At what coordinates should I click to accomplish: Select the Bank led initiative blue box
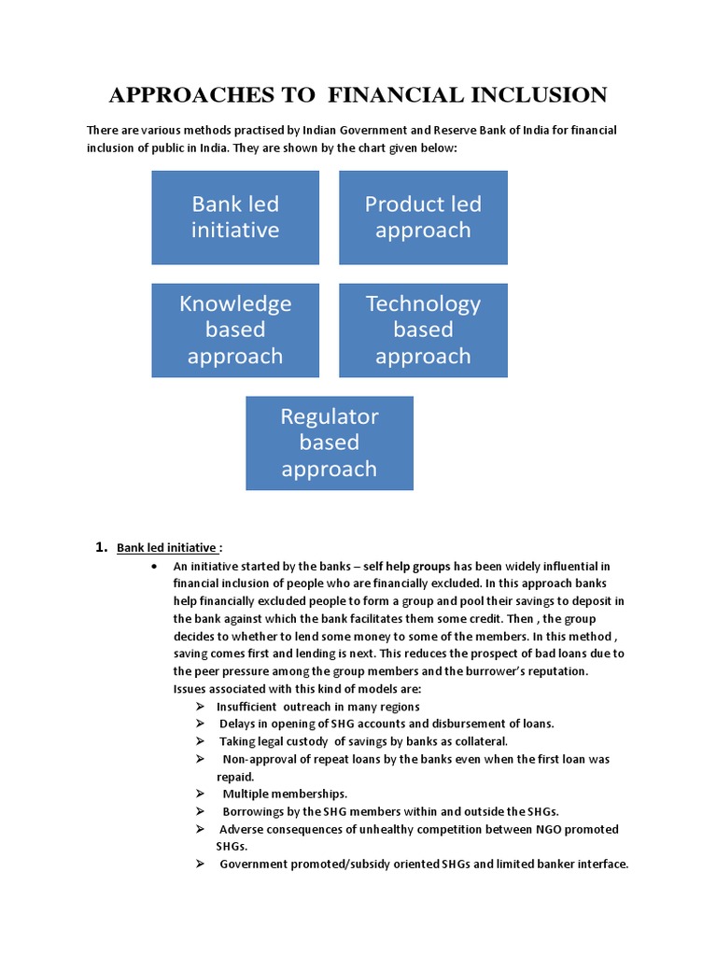click(235, 218)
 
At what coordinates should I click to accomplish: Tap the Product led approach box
click(423, 218)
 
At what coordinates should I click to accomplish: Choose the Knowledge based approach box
click(235, 330)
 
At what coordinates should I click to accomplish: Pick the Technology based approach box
click(423, 330)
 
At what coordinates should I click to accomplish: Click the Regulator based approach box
click(329, 443)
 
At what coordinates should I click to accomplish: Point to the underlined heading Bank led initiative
click(167, 548)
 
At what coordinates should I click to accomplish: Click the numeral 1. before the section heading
click(104, 548)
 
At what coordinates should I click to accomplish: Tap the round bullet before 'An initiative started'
click(153, 567)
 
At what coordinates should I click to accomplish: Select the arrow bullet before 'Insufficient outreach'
click(200, 707)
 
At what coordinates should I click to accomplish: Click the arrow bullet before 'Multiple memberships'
click(200, 794)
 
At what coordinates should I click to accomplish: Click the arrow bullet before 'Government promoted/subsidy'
click(200, 864)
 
